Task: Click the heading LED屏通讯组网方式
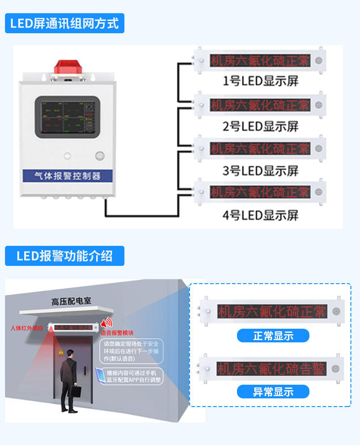64,23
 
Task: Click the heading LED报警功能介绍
64,255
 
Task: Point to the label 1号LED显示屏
260,81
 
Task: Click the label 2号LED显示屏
260,126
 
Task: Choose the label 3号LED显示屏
260,171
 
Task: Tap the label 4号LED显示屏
260,215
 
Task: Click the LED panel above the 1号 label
260,61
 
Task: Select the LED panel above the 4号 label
260,192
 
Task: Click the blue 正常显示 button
273,336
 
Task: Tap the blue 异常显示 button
273,392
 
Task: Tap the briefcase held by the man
79,391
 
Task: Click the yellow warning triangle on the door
61,352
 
